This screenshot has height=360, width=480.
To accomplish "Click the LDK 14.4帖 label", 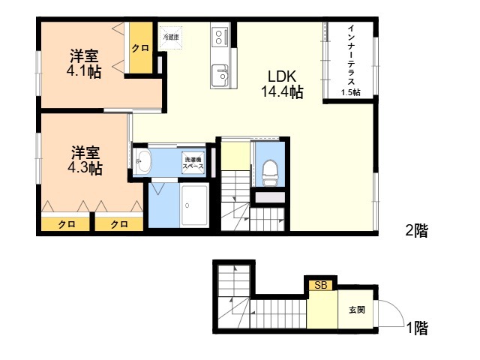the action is click(x=282, y=84).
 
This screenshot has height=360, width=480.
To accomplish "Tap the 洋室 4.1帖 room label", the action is click(x=84, y=63).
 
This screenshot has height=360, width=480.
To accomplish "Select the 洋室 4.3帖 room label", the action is click(x=85, y=160).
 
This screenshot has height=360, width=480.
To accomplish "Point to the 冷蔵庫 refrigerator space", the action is click(x=171, y=37).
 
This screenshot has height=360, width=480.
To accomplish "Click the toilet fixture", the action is click(x=270, y=173).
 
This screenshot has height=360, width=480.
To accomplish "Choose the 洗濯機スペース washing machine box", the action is click(x=193, y=163).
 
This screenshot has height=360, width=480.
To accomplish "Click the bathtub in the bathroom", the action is click(x=194, y=205).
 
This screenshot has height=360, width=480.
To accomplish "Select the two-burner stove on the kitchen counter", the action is click(x=220, y=37).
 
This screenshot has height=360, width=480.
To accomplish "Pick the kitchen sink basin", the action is click(x=220, y=76).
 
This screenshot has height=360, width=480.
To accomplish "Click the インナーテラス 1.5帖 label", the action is click(x=351, y=60).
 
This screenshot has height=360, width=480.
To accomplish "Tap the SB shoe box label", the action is click(x=321, y=285).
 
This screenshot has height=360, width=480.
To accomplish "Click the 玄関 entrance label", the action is click(x=357, y=310).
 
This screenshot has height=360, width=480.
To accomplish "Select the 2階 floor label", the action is click(x=417, y=230).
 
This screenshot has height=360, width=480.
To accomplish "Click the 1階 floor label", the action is click(x=417, y=328).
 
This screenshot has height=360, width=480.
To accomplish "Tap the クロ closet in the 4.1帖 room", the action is click(x=140, y=48).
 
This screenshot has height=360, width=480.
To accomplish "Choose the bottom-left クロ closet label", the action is click(x=67, y=225).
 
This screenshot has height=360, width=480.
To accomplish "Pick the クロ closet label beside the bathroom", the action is click(x=118, y=225).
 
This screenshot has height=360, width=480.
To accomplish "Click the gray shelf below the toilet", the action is click(x=270, y=197).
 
